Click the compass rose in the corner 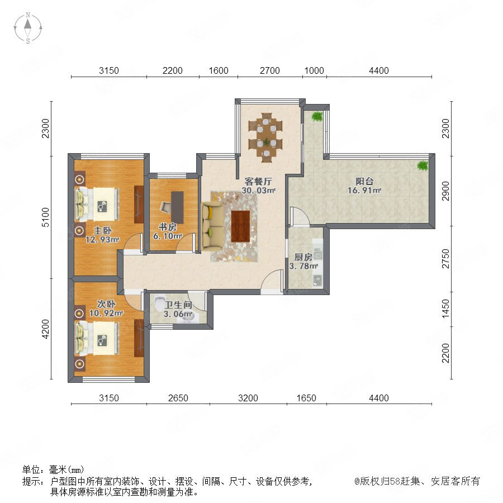point(28,28)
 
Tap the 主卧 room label point(103,230)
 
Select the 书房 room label point(168,227)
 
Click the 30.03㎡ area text point(259,190)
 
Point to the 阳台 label point(364,181)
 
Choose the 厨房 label point(303,257)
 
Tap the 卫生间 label point(178,305)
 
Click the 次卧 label point(106,304)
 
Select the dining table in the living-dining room point(266,137)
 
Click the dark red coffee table point(240,226)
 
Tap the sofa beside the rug point(212,226)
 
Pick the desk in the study point(177,207)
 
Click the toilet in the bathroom point(159,303)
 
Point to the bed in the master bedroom point(97,205)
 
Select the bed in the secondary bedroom point(97,339)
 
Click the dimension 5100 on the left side point(46,217)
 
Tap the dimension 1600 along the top point(219,70)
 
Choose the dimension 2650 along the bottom point(178,398)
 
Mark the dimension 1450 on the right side point(446,309)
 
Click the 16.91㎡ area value point(364,190)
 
